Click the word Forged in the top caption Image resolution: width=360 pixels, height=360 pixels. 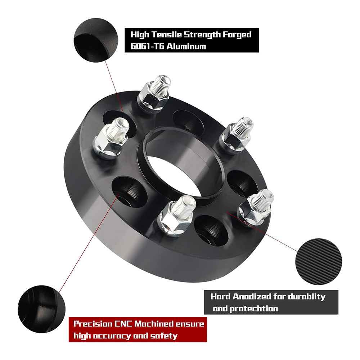[237, 35]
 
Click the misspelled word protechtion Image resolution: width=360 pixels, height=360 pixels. [256, 309]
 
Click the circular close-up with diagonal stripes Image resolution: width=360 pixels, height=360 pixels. [318, 262]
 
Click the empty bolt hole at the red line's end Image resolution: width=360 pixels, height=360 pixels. [129, 192]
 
